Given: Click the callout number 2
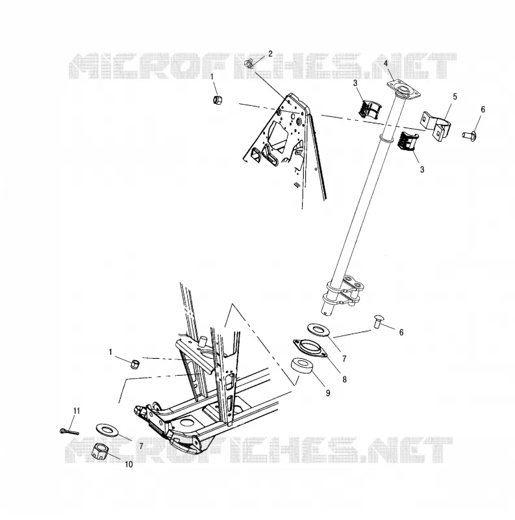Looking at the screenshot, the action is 270,54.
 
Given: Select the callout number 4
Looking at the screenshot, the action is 385,63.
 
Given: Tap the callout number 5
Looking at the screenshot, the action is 455,96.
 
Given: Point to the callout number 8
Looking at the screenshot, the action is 344,379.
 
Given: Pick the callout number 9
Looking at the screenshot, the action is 328,393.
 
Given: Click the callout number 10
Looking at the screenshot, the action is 129,465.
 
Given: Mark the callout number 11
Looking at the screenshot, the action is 77,411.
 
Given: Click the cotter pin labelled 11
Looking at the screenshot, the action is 69,432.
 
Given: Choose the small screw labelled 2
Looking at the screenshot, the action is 250,63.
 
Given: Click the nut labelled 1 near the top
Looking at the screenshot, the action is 218,99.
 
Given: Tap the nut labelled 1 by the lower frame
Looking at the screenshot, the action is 134,364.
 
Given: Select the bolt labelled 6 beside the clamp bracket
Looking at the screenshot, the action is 469,135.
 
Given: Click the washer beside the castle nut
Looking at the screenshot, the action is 107,430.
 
